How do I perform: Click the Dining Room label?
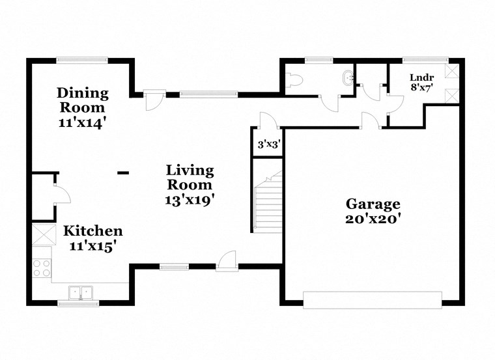pyautogui.click(x=82, y=100)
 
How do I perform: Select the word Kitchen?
pyautogui.click(x=92, y=231)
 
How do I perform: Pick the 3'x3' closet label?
pyautogui.click(x=268, y=145)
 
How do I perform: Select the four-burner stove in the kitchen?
pyautogui.click(x=42, y=268)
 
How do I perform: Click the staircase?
pyautogui.click(x=268, y=202)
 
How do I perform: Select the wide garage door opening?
pyautogui.click(x=373, y=299)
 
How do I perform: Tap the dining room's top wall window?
pyautogui.click(x=82, y=61)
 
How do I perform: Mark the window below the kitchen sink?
pyautogui.click(x=78, y=303)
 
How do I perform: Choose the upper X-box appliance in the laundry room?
pyautogui.click(x=451, y=72)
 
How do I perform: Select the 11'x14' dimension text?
pyautogui.click(x=82, y=120)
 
